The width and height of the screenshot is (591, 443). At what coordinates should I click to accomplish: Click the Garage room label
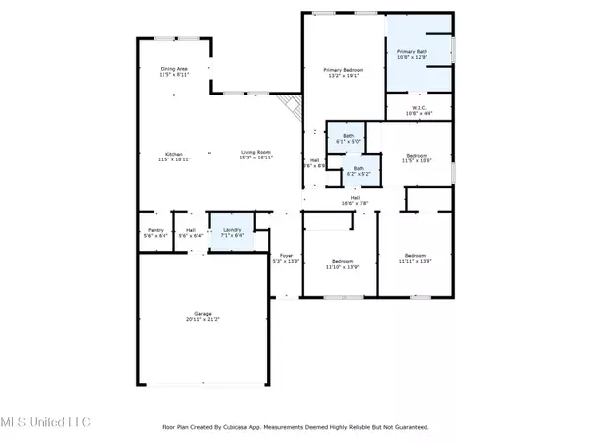point(202,314)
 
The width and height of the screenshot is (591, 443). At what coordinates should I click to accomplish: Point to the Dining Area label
point(174,69)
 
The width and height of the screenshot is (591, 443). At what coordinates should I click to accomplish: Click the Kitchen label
point(173,154)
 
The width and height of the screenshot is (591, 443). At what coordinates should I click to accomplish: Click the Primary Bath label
point(412,51)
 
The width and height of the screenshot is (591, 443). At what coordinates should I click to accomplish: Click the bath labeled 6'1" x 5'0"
point(348,136)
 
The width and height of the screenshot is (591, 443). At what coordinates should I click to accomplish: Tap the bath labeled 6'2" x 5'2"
point(360,168)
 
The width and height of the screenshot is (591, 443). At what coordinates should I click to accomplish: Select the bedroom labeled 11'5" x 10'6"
point(418,155)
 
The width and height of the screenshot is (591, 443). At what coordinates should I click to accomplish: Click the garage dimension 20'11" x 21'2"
point(202,320)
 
